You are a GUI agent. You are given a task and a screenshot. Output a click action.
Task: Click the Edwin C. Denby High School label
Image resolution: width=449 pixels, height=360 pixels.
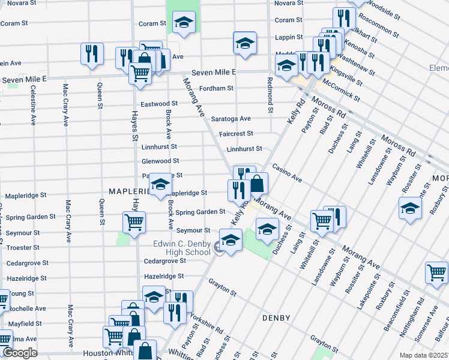click(181, 248)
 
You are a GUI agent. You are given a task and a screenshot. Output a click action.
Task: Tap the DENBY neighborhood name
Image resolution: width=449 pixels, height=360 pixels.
click(276, 318)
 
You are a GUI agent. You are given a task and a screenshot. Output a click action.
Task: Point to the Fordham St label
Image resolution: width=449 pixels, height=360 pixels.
click(217, 88)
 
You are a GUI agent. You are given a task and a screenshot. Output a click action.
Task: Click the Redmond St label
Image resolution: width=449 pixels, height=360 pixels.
click(270, 95)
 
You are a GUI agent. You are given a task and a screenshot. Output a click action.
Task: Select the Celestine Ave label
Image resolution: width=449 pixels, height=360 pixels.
click(32, 105)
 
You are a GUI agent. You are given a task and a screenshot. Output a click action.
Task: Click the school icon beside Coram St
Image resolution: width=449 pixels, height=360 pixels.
click(183, 23)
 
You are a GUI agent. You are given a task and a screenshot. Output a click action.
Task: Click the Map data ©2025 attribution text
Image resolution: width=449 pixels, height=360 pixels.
click(423, 355)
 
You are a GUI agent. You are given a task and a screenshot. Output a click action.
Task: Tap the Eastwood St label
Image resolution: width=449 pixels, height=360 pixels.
click(159, 104)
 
